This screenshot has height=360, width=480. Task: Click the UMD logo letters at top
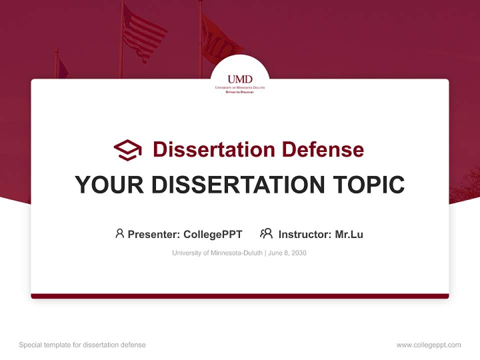pyautogui.click(x=240, y=79)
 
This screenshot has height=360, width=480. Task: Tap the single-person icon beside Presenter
pyautogui.click(x=119, y=233)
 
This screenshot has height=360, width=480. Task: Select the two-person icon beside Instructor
pyautogui.click(x=266, y=233)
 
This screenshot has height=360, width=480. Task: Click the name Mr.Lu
pyautogui.click(x=349, y=234)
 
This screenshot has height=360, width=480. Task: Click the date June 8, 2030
pyautogui.click(x=287, y=253)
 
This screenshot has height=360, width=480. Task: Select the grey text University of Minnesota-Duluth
pyautogui.click(x=217, y=253)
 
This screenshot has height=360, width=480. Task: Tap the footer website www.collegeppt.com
pyautogui.click(x=428, y=345)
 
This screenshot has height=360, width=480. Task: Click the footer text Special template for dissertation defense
pyautogui.click(x=82, y=345)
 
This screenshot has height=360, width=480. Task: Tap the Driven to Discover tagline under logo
pyautogui.click(x=240, y=92)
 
